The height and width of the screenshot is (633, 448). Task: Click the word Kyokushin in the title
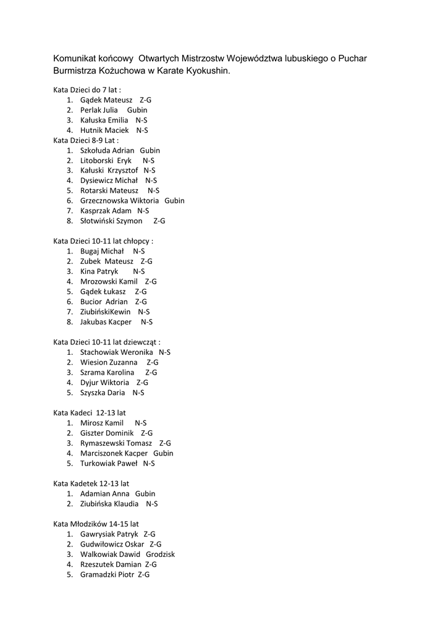207,71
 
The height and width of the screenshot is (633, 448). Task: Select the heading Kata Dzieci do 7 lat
87,90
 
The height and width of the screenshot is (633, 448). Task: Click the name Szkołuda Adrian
106,150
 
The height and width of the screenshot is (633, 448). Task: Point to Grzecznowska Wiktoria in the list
119,201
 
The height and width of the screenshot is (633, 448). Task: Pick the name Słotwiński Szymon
111,221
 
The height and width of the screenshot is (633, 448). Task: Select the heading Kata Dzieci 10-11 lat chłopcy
103,241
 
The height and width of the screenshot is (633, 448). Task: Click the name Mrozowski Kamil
109,281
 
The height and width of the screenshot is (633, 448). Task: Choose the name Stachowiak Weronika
116,352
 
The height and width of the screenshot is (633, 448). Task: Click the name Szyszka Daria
103,393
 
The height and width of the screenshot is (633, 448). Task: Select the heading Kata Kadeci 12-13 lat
90,412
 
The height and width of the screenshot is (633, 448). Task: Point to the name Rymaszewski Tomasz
116,443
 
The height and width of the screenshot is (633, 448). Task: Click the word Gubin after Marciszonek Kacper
163,453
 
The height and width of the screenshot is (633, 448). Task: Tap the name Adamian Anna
104,493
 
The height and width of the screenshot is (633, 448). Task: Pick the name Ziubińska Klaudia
109,504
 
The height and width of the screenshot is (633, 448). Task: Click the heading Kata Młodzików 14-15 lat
96,524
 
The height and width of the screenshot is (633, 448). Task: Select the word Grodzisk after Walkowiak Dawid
160,554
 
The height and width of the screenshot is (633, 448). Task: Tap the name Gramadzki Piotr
106,574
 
